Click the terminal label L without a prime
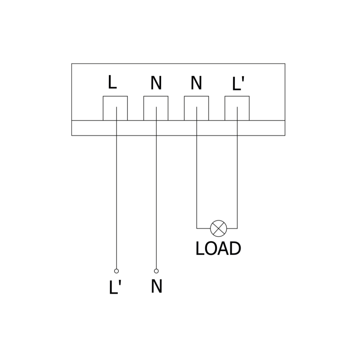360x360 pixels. (112, 82)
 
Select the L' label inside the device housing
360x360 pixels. (238, 84)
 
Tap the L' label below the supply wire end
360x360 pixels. (115, 288)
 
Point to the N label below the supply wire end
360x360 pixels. (156, 287)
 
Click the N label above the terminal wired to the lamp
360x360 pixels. (196, 83)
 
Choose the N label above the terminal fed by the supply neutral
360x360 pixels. (156, 83)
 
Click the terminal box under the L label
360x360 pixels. (115, 108)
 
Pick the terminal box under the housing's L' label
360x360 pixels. (237, 108)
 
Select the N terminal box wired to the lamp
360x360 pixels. (196, 108)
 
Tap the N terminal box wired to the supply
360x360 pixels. (156, 108)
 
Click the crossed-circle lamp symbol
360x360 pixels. (219, 228)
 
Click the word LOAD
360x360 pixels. (218, 249)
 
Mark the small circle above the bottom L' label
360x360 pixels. (117, 271)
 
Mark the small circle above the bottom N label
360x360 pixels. (156, 271)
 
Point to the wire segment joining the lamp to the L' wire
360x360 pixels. (232, 228)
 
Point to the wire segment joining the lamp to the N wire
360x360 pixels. (203, 228)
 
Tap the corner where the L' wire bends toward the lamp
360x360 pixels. (237, 228)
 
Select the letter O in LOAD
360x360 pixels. (209, 249)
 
